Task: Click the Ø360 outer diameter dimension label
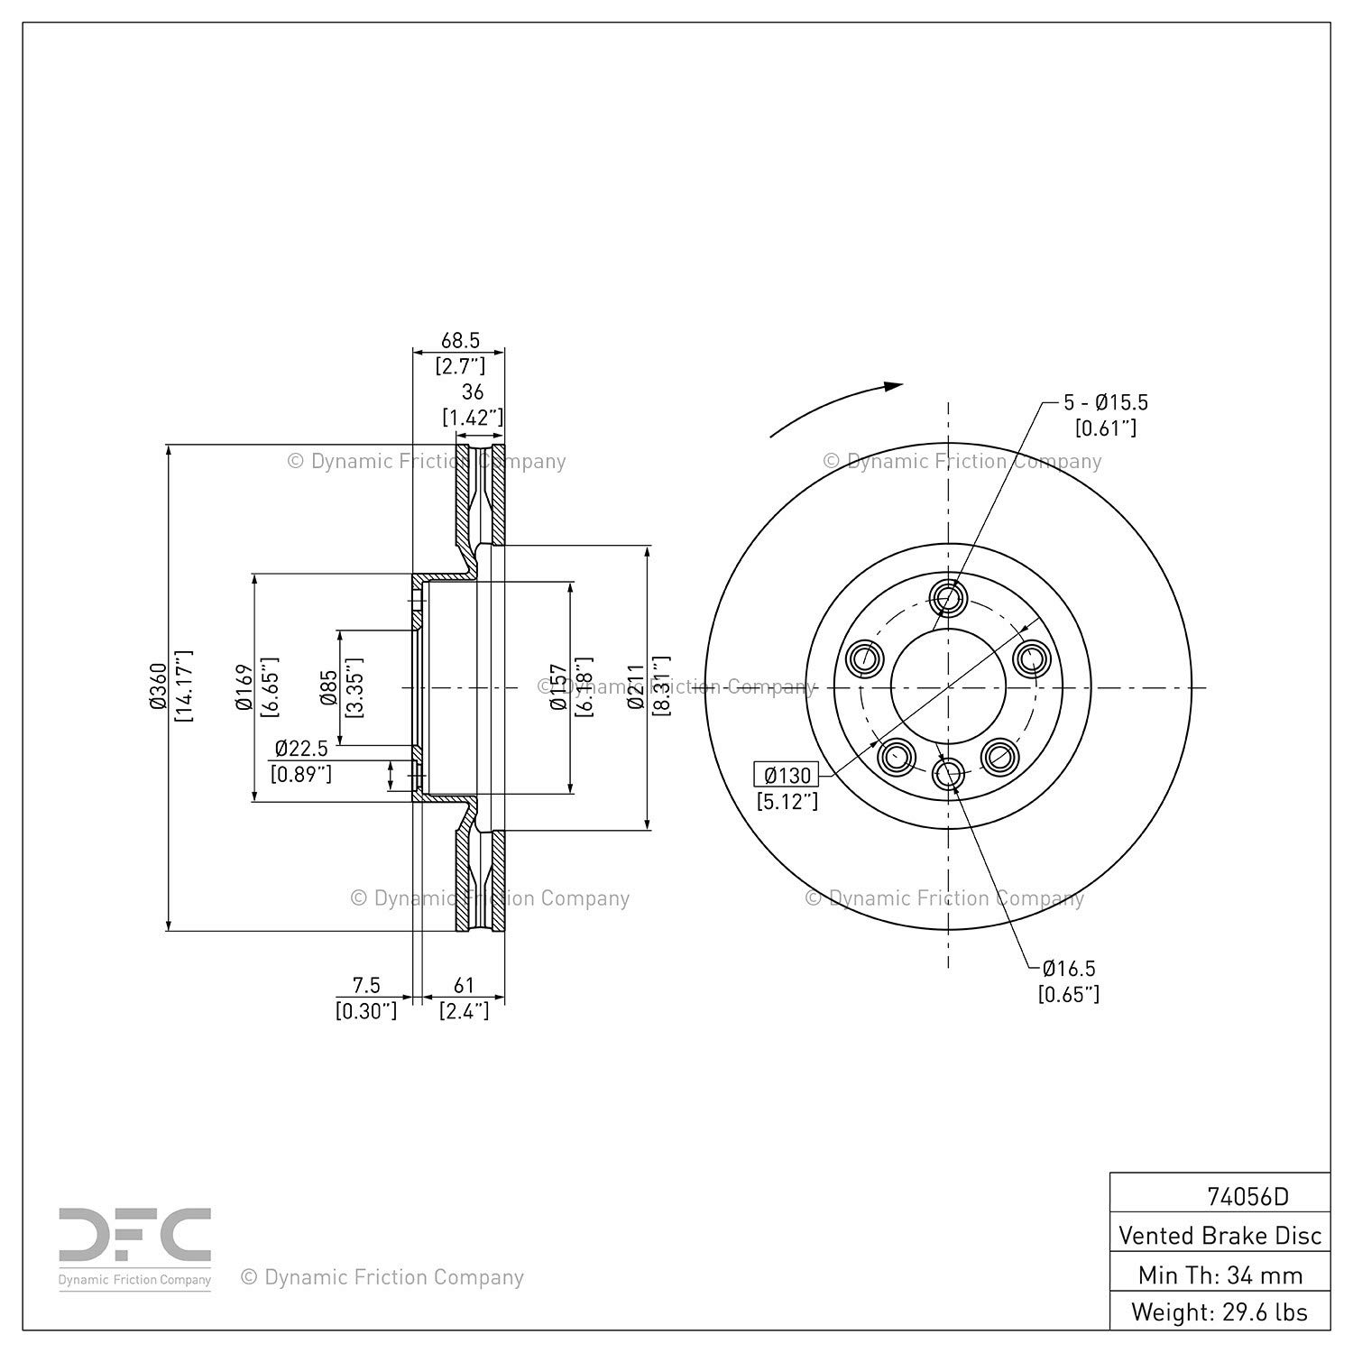click(x=159, y=687)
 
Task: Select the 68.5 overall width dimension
click(x=460, y=341)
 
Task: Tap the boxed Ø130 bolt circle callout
click(x=787, y=775)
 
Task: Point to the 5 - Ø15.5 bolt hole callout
click(x=1106, y=402)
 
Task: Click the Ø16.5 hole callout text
click(x=1069, y=969)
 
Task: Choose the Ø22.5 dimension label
click(x=301, y=749)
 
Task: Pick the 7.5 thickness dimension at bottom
click(x=366, y=986)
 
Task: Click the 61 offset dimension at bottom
click(x=464, y=986)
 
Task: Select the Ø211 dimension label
click(x=637, y=687)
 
